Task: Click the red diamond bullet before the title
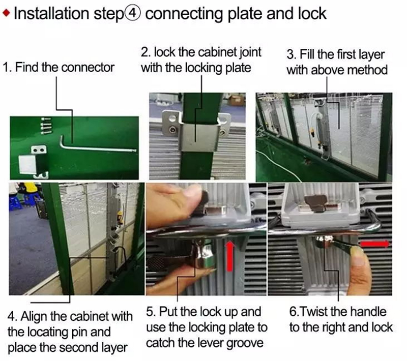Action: [6, 13]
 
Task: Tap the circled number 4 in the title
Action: [133, 14]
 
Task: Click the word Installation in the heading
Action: [51, 14]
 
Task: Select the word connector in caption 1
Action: [88, 68]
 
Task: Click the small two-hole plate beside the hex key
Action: [39, 149]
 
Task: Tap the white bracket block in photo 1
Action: [27, 164]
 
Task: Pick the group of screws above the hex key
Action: [46, 126]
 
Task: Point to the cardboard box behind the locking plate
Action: [236, 100]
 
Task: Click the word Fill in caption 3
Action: [307, 54]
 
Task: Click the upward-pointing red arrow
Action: [229, 256]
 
